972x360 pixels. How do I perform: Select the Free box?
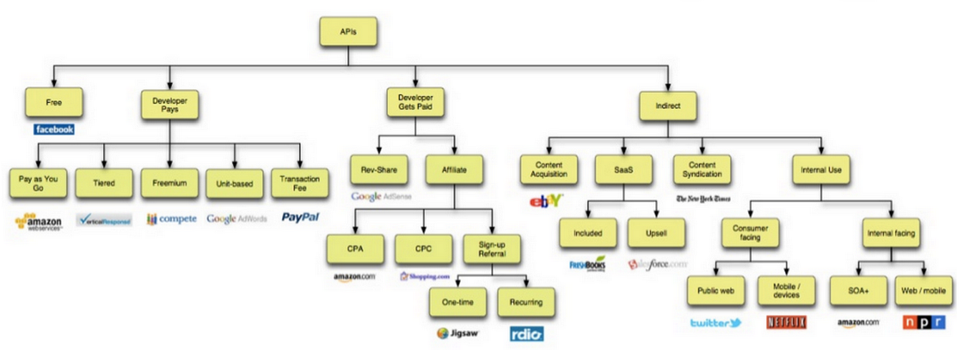[x=54, y=102]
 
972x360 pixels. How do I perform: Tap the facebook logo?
[x=54, y=130]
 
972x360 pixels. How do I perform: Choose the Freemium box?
[x=169, y=183]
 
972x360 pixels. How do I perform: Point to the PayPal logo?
[x=300, y=217]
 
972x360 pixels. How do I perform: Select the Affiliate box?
[x=453, y=170]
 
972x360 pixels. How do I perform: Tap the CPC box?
[x=423, y=249]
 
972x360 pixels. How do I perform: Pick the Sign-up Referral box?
[x=491, y=249]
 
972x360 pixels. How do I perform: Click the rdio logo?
[x=526, y=334]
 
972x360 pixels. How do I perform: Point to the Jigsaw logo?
[x=457, y=333]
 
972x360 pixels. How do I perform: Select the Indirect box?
[x=667, y=106]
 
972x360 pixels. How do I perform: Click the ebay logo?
[x=547, y=200]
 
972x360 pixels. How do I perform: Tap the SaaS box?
[x=621, y=170]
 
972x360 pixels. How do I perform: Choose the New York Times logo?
[x=703, y=198]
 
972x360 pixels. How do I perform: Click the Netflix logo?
[x=787, y=322]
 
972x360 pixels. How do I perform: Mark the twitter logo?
[x=716, y=323]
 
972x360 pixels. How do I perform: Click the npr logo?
[x=923, y=322]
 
